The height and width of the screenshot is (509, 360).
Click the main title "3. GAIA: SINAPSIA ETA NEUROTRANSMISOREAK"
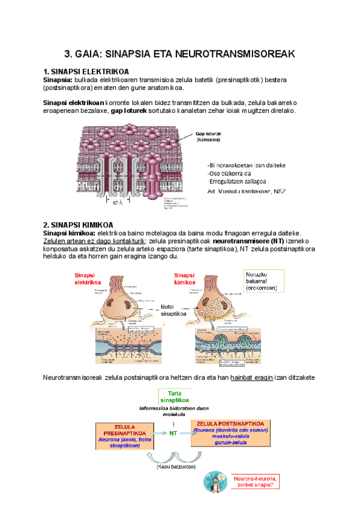(179, 54)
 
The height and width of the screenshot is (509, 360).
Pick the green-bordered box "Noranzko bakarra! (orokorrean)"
(263, 281)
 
